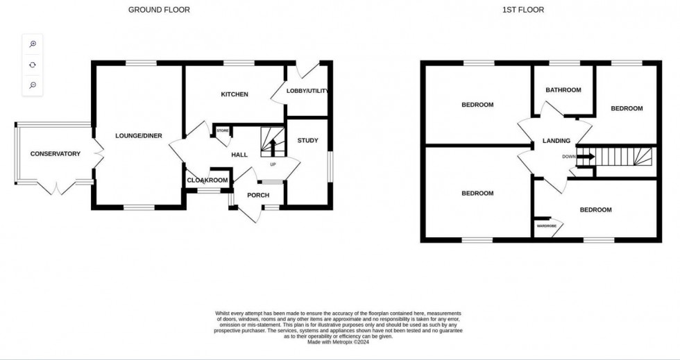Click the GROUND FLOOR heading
tap(159, 10)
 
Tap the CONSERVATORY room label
tap(56, 154)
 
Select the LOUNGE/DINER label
tap(139, 136)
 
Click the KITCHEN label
tap(235, 94)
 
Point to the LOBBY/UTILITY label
tap(307, 91)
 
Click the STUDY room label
tap(307, 141)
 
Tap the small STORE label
tap(223, 130)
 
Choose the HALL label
tap(239, 155)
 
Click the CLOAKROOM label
tap(207, 180)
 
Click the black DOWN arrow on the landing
tap(585, 157)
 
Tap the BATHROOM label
tap(563, 90)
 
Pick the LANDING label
tap(556, 141)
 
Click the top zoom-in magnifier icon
tap(33, 44)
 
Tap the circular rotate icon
tap(33, 65)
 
